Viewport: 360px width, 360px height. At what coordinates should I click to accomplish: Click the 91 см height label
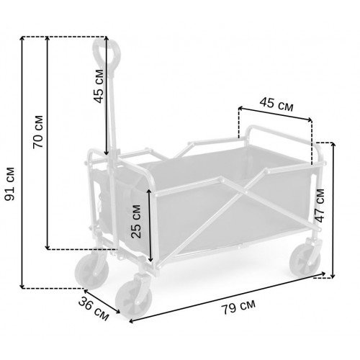coord(10,184)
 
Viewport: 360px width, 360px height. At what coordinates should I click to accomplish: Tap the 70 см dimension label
coord(38,132)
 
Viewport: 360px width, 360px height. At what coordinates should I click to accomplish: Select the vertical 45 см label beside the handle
coord(98,86)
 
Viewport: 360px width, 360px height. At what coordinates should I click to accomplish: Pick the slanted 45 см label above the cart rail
coord(276,104)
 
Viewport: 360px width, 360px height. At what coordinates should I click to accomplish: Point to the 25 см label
coord(136,221)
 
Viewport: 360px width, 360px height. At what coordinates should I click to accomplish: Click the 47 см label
coord(320,206)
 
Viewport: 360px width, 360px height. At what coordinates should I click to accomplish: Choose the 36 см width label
coord(94,309)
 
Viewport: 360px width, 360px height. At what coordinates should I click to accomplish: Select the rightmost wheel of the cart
coord(305,261)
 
